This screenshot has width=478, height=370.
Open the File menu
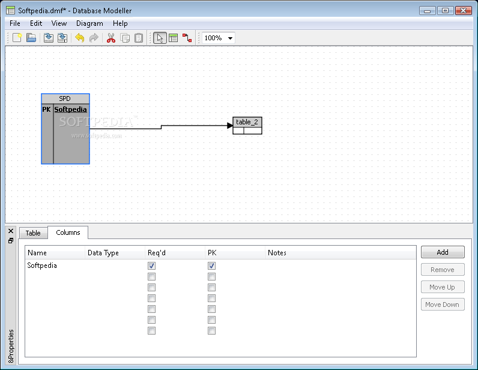click(14, 23)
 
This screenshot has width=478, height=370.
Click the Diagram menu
click(89, 23)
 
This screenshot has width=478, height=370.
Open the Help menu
click(120, 23)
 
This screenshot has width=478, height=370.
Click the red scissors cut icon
click(111, 38)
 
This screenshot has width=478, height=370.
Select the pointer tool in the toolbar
click(160, 38)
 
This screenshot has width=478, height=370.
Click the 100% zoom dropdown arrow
click(230, 38)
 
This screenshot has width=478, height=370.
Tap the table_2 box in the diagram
click(247, 126)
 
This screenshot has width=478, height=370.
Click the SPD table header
click(65, 99)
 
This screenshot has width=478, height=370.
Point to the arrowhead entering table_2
click(230, 126)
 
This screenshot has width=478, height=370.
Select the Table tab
click(33, 233)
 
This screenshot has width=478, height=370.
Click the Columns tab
click(68, 232)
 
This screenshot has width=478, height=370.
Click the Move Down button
click(443, 305)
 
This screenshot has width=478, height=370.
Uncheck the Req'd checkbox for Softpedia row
click(151, 265)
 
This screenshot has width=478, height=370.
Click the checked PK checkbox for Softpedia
click(211, 265)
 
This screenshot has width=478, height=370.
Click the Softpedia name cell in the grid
click(42, 265)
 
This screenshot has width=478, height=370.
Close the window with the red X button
click(463, 11)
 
